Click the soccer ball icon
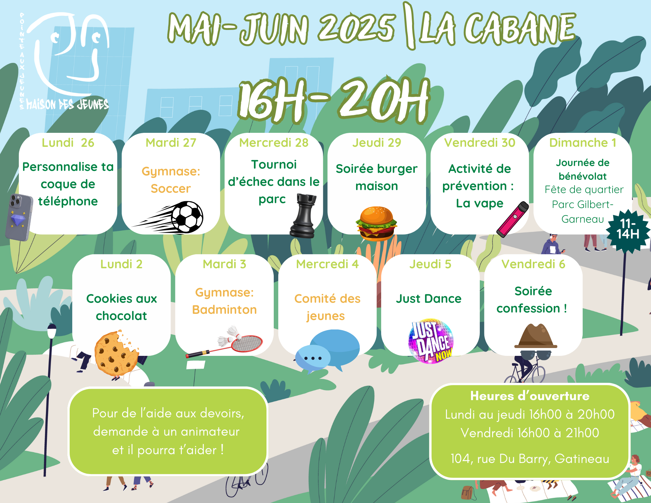pos(187,217)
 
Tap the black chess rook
pos(303,216)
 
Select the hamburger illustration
pos(376,223)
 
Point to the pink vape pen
pos(513,219)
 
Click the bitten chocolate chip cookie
pos(116,353)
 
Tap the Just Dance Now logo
pos(431,341)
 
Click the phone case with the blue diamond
pos(19,217)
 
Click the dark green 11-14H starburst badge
pos(628,231)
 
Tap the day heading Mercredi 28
pos(274,143)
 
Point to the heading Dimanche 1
pos(583,143)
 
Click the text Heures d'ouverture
pos(530,396)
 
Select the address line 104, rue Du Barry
pos(530,458)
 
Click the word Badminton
pos(224,310)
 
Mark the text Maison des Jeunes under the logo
pos(67,104)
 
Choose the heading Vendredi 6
pos(533,264)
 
